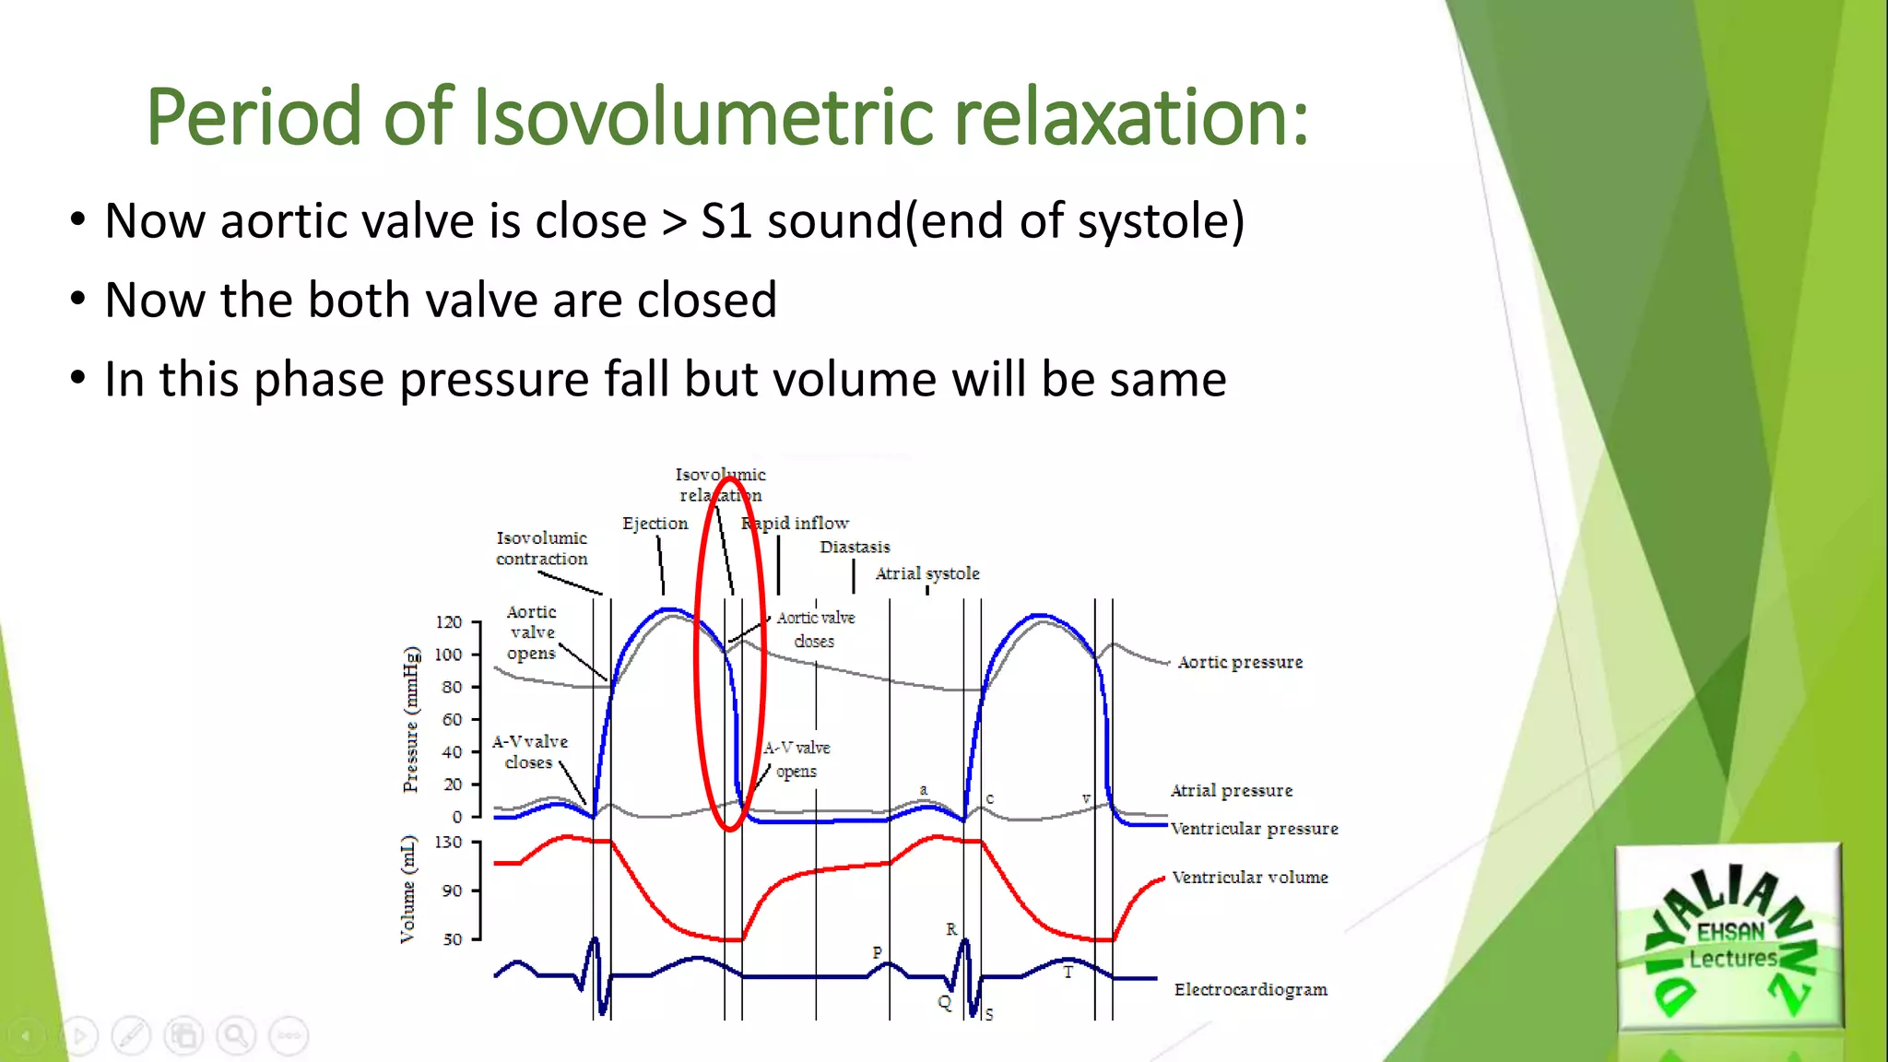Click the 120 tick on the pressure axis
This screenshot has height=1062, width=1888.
pos(450,622)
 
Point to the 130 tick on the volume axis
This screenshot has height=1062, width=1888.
pos(449,843)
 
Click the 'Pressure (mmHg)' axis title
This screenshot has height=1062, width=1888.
pos(411,720)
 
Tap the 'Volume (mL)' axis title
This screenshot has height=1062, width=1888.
pos(407,890)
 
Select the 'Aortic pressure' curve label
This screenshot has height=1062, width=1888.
pos(1240,662)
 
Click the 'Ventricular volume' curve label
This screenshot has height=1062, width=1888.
pos(1250,878)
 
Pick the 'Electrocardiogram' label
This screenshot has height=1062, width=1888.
pos(1251,989)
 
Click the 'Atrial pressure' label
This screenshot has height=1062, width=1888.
pos(1232,790)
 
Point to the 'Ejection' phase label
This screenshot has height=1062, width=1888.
pos(655,524)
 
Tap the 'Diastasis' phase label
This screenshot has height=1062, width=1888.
pos(855,547)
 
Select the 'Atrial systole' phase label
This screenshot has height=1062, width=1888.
pos(926,573)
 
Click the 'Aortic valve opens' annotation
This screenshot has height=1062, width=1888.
pos(532,632)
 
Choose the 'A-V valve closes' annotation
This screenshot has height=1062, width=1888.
pos(529,751)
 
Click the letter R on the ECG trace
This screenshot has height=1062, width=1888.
pos(951,929)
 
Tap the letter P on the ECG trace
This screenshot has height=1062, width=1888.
pos(877,952)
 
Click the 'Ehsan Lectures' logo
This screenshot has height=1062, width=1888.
pos(1729,936)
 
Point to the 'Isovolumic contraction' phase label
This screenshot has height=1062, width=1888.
pos(541,548)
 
